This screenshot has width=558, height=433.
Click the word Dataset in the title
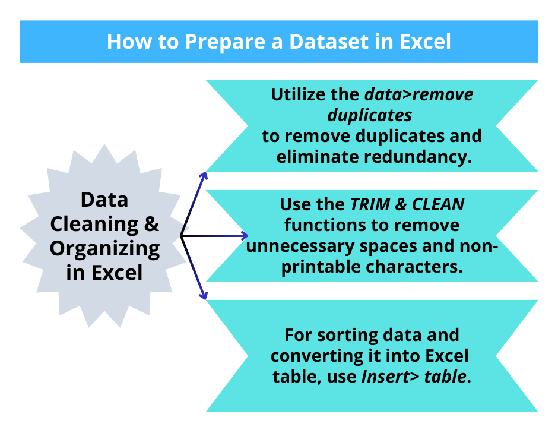324,42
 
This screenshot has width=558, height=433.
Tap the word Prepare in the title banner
216,42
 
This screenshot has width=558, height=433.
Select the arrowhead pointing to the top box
204,175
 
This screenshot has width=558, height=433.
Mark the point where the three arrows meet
181,236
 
